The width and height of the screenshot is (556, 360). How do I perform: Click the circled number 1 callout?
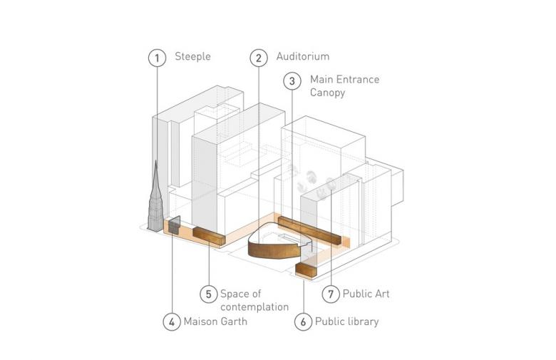pyautogui.click(x=157, y=58)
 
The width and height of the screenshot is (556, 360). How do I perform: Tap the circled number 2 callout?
pyautogui.click(x=259, y=58)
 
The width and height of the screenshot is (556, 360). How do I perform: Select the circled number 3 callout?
pyautogui.click(x=292, y=81)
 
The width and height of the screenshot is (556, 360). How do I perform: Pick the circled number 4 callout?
pyautogui.click(x=172, y=322)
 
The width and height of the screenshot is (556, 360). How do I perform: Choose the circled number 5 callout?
pyautogui.click(x=208, y=294)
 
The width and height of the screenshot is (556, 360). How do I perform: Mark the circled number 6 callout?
pyautogui.click(x=303, y=322)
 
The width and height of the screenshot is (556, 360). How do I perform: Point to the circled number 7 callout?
pyautogui.click(x=331, y=294)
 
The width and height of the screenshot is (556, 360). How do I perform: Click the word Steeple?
pyautogui.click(x=192, y=57)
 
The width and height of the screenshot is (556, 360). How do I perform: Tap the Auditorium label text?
pyautogui.click(x=303, y=56)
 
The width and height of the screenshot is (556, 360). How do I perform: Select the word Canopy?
pyautogui.click(x=327, y=93)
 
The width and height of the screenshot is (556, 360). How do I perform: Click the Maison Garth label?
pyautogui.click(x=215, y=322)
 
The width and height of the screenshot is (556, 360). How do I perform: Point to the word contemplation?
pyautogui.click(x=254, y=307)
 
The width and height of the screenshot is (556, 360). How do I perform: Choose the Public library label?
pyautogui.click(x=347, y=322)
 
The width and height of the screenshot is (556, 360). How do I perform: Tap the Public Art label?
pyautogui.click(x=366, y=294)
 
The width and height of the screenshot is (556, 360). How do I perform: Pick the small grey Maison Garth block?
pyautogui.click(x=174, y=225)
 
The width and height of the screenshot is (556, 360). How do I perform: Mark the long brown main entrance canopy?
pyautogui.click(x=309, y=230)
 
